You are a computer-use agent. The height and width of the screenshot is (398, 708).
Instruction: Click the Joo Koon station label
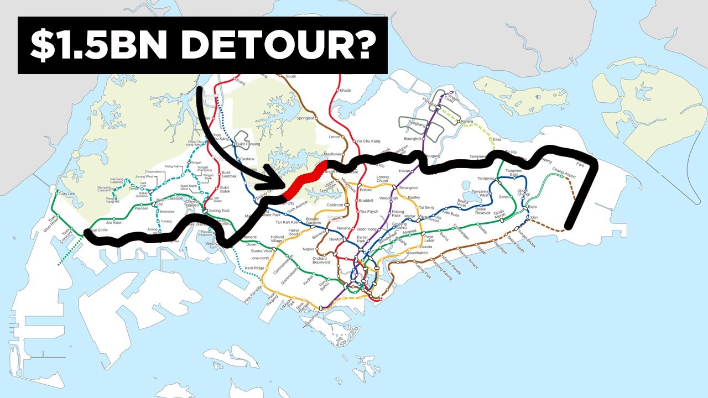click(x=113, y=222)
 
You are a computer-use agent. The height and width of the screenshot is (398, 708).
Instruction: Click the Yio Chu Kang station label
click(x=368, y=142)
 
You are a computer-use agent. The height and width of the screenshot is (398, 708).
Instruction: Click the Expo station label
click(x=533, y=207)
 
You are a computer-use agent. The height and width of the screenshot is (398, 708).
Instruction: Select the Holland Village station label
click(x=277, y=239)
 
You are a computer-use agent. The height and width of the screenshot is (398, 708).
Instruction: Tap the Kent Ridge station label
click(x=254, y=268)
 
